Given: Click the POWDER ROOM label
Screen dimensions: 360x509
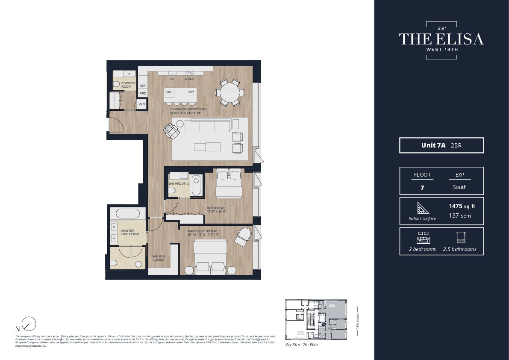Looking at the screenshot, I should (128, 85).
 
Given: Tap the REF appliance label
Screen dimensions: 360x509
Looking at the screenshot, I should (143, 86).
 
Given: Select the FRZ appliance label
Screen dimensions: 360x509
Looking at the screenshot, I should (143, 93).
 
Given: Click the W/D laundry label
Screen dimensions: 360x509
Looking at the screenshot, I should (141, 104).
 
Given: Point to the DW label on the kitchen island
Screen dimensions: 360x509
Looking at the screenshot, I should (169, 92).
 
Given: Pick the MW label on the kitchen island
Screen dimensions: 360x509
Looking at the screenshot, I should (191, 92).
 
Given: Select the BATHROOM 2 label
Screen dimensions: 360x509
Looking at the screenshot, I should (179, 184).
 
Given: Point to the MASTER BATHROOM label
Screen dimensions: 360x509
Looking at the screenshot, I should (130, 233).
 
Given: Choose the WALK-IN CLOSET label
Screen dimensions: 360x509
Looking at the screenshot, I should (159, 258).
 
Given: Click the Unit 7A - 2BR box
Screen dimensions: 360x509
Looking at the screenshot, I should (441, 145).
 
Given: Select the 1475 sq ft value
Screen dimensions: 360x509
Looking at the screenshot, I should (462, 206).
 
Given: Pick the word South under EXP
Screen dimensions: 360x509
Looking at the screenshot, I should (459, 187).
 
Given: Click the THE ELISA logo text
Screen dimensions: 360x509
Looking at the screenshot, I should (441, 39).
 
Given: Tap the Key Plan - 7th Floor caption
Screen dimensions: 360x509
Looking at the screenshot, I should (302, 344).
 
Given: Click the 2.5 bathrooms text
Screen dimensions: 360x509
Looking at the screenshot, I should (459, 249).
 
